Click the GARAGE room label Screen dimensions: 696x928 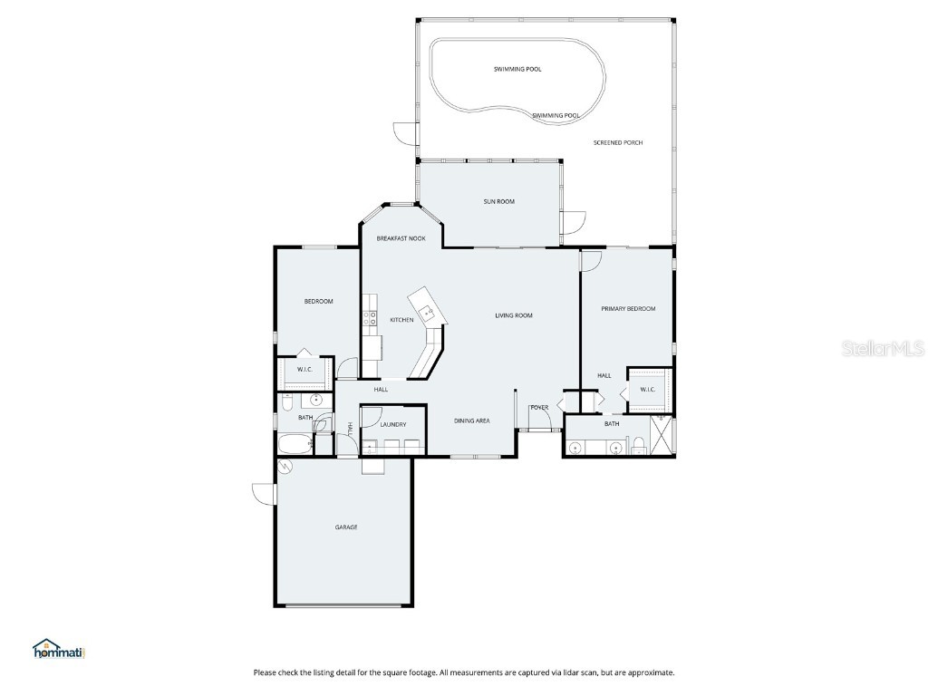(x=345, y=527)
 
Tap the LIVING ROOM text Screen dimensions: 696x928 (x=513, y=315)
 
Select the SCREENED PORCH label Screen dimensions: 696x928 (x=618, y=142)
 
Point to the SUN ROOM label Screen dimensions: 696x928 (x=498, y=201)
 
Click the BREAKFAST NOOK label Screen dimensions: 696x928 (x=401, y=238)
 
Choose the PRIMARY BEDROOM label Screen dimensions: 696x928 (x=628, y=309)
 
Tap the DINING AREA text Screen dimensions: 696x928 (x=471, y=420)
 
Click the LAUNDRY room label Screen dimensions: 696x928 (x=392, y=424)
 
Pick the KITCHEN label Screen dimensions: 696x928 (x=401, y=320)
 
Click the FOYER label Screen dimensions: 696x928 (x=539, y=408)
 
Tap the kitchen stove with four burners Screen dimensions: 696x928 (x=371, y=318)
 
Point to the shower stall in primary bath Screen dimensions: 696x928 (x=662, y=436)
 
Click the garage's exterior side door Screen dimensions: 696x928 (x=264, y=495)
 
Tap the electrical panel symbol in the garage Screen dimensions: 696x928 (x=285, y=467)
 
